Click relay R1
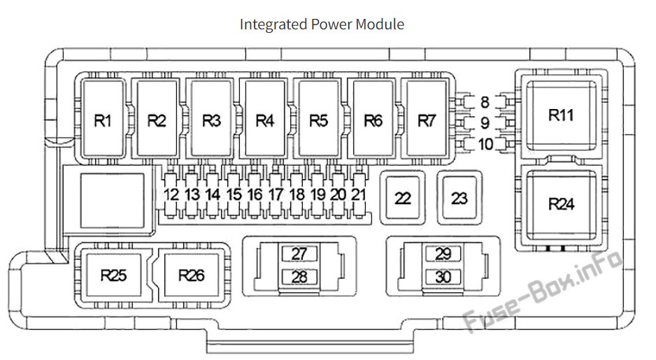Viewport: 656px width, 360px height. pyautogui.click(x=104, y=120)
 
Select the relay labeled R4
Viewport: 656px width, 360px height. pyautogui.click(x=264, y=120)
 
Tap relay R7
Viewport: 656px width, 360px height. pyautogui.click(x=427, y=120)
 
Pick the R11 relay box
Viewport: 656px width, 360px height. pyautogui.click(x=561, y=115)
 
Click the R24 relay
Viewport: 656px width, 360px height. pyautogui.click(x=561, y=204)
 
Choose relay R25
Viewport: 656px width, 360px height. pyautogui.click(x=113, y=275)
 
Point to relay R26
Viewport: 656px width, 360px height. pyautogui.click(x=191, y=275)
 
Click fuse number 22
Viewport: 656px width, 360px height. pyautogui.click(x=402, y=199)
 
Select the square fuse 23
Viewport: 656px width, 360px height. pyautogui.click(x=459, y=198)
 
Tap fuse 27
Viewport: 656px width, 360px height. pyautogui.click(x=299, y=254)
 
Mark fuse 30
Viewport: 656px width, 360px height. pyautogui.click(x=443, y=277)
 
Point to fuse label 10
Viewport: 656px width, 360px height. pyautogui.click(x=485, y=145)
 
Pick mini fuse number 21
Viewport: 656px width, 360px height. pyautogui.click(x=359, y=194)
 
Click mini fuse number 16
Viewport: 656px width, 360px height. pyautogui.click(x=255, y=194)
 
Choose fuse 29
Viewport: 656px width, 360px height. pyautogui.click(x=443, y=254)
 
